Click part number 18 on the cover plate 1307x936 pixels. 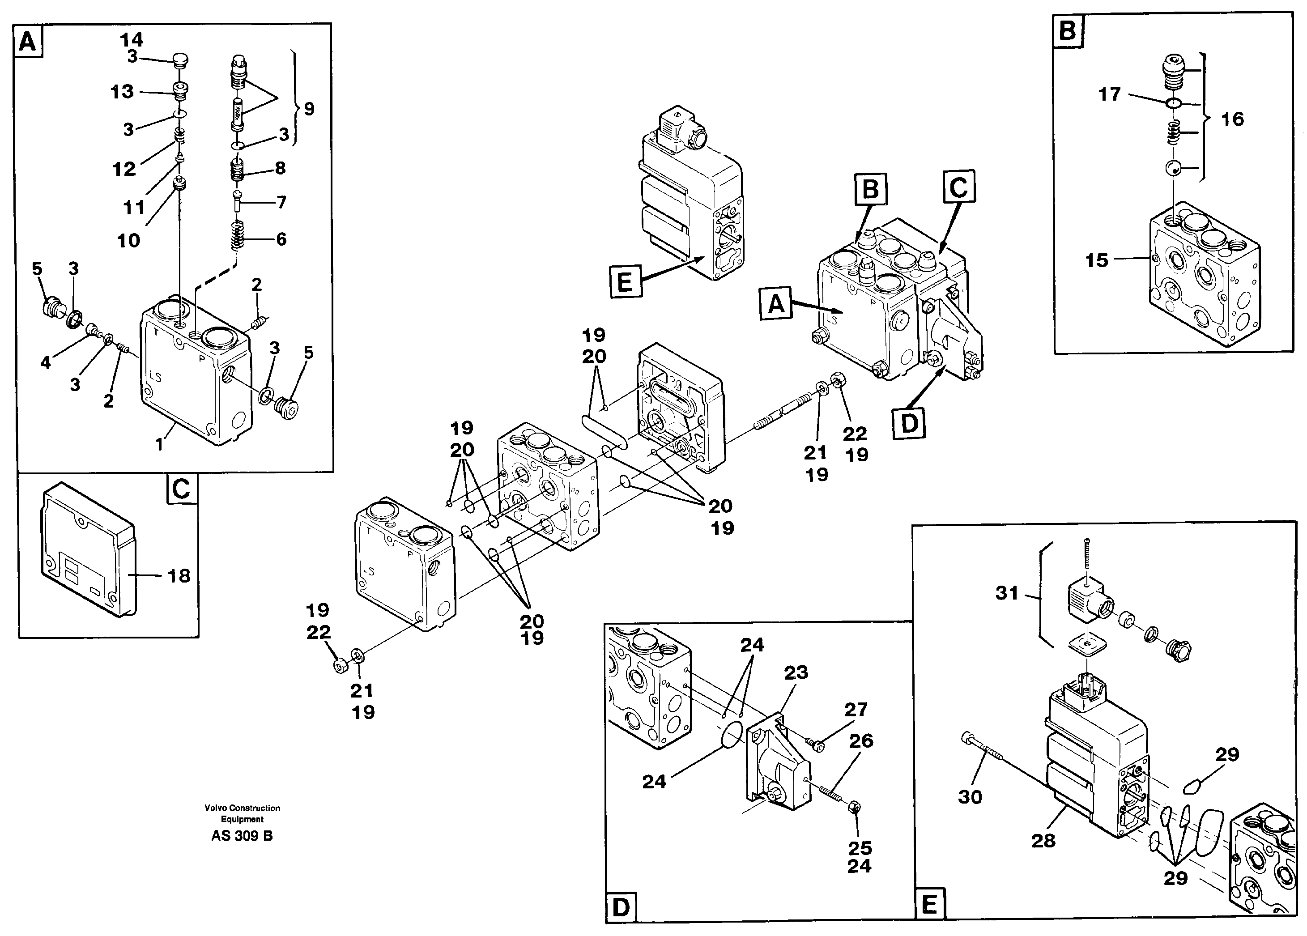(179, 576)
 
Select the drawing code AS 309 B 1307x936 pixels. (242, 836)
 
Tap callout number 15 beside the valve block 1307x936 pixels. (1096, 260)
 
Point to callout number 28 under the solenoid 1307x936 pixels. (1043, 840)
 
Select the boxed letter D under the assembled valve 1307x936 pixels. (909, 424)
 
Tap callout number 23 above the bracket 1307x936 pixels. (796, 672)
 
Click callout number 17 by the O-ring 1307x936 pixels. (1109, 94)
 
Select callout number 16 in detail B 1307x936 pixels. (1232, 119)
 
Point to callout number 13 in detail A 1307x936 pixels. (122, 92)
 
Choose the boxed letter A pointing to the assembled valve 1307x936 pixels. (776, 303)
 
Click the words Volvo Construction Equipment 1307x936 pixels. (242, 813)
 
